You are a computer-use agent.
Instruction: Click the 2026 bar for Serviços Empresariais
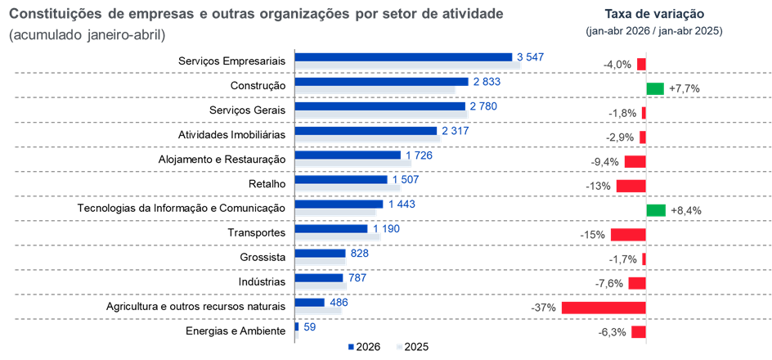tap(404, 57)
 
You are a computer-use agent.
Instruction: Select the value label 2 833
tap(487, 81)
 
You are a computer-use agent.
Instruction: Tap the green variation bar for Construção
tap(655, 88)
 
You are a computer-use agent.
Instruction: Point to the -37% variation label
tap(544, 308)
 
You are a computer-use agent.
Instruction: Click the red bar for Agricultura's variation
tap(604, 308)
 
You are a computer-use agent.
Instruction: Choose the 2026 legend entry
tap(364, 347)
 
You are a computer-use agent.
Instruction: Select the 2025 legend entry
tap(413, 347)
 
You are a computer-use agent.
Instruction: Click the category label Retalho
tap(267, 184)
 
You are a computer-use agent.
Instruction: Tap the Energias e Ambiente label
tap(236, 331)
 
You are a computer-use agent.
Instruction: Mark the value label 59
tap(310, 326)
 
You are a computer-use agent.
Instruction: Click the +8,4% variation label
tap(686, 210)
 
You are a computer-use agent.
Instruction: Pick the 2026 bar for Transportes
tap(331, 228)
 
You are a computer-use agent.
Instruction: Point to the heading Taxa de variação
tap(654, 13)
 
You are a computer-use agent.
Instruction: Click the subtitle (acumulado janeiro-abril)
tap(87, 36)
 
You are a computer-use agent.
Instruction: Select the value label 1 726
tap(420, 155)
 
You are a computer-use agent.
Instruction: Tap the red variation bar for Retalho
tap(631, 186)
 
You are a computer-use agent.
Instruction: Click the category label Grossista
tap(263, 258)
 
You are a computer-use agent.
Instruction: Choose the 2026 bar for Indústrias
tap(319, 277)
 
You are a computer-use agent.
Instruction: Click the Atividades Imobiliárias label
tap(232, 134)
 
